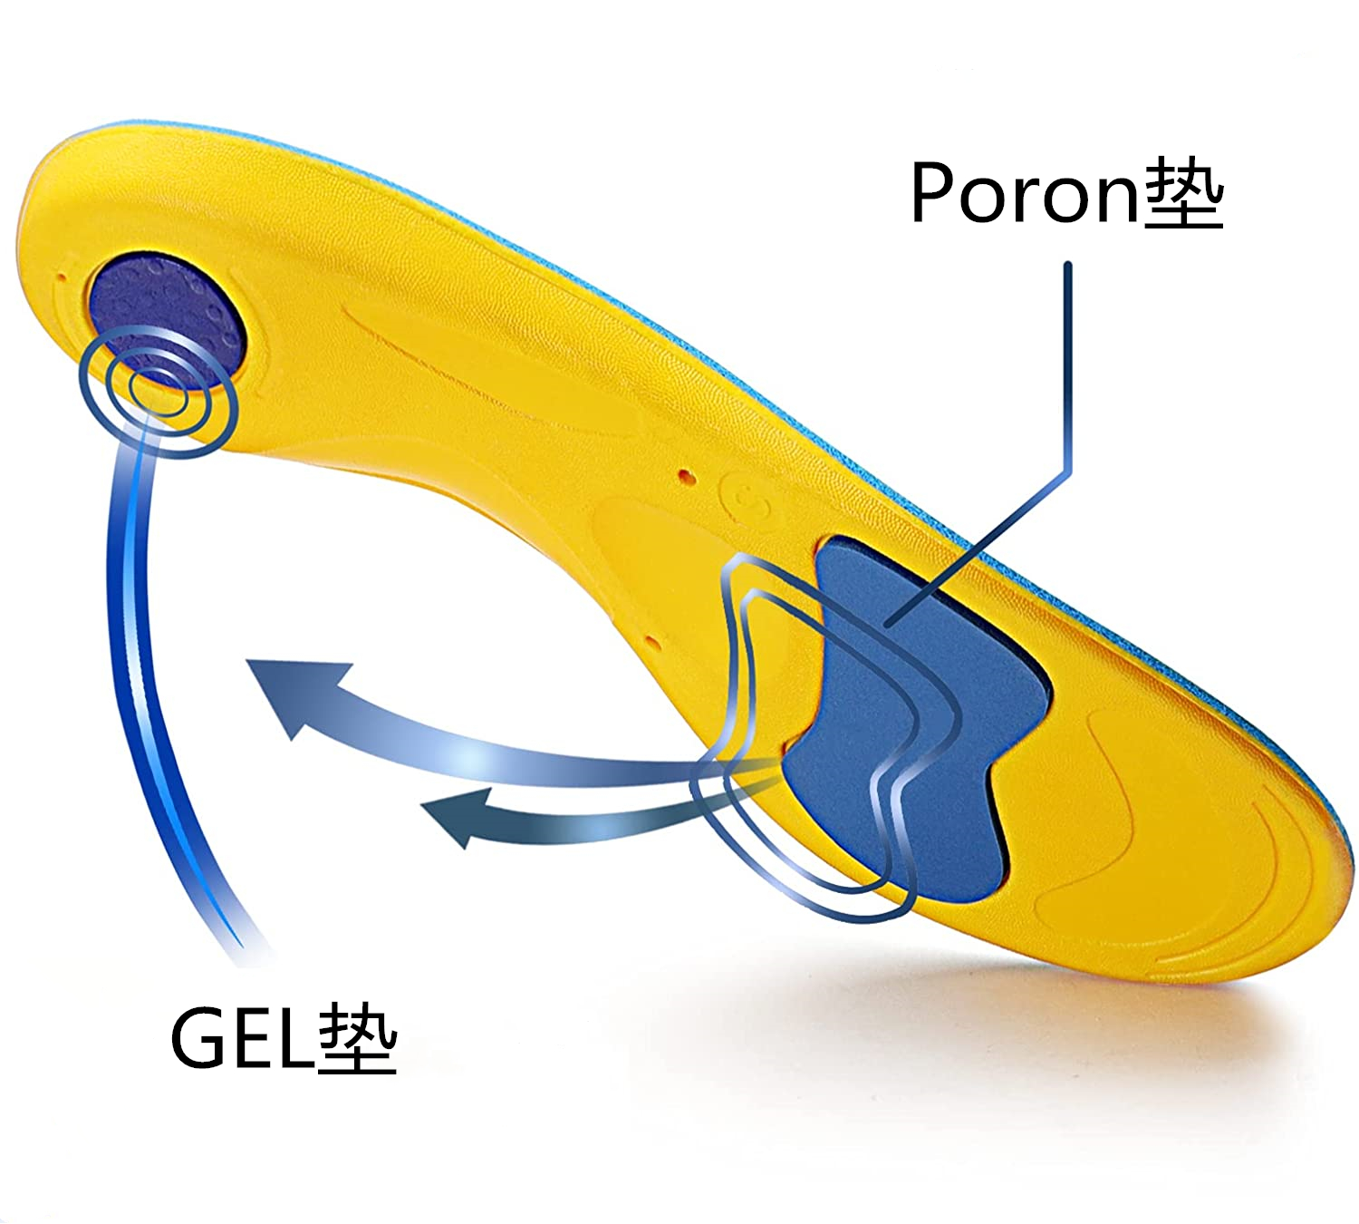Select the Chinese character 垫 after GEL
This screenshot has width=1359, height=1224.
pyautogui.click(x=359, y=1039)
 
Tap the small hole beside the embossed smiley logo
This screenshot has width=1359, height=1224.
pyautogui.click(x=685, y=474)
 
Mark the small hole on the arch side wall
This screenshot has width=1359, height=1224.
pyautogui.click(x=651, y=642)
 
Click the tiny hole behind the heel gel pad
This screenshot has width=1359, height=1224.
pyautogui.click(x=62, y=279)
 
